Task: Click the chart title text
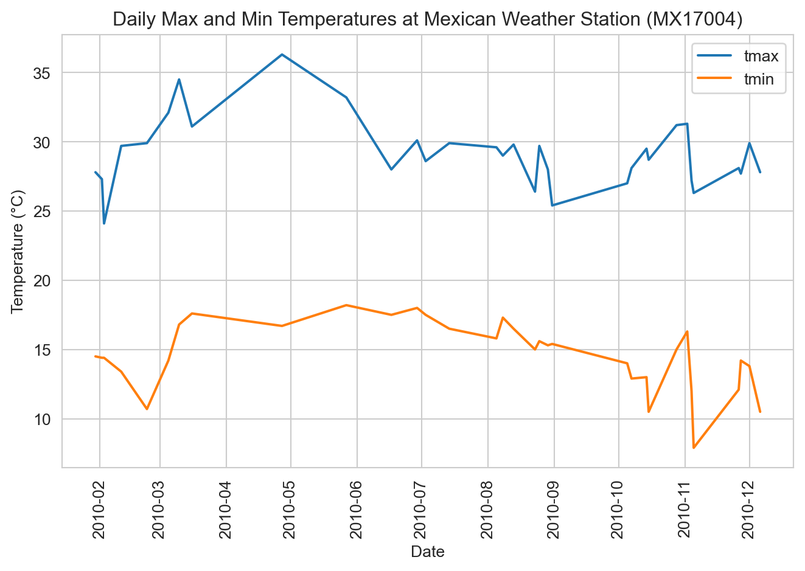(x=427, y=19)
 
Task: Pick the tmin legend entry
(x=758, y=79)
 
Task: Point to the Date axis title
(x=427, y=552)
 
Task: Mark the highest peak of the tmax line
(x=282, y=54)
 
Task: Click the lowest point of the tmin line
(x=693, y=448)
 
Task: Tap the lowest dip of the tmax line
(x=104, y=223)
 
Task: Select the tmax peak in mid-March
(x=179, y=79)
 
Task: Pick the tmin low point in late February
(x=147, y=409)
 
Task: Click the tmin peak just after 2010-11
(x=687, y=331)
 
